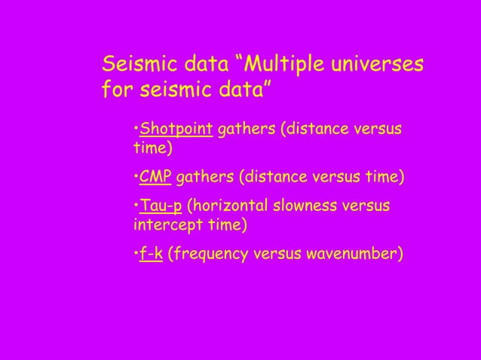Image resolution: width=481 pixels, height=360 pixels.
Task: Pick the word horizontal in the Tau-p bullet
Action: click(231, 206)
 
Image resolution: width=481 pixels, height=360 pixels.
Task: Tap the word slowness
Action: click(311, 206)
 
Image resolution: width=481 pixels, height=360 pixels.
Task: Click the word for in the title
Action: click(115, 91)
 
